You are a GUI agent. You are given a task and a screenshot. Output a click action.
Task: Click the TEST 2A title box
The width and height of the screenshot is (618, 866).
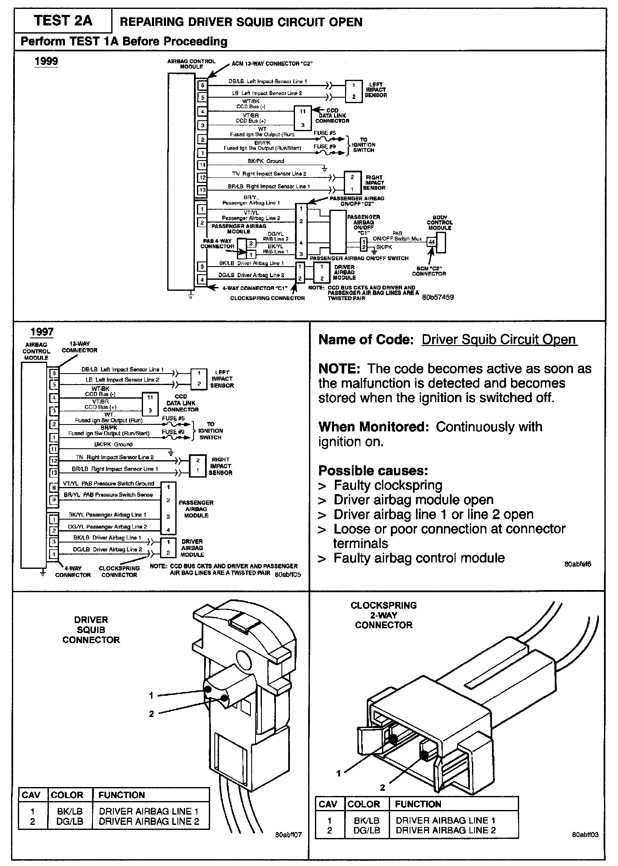(63, 21)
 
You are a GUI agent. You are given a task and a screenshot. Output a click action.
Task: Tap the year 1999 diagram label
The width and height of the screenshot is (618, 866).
(46, 61)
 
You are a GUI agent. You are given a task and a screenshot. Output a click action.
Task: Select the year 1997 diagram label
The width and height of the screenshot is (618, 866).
(42, 332)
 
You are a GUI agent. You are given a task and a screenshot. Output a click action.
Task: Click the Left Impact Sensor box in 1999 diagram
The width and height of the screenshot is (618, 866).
(354, 90)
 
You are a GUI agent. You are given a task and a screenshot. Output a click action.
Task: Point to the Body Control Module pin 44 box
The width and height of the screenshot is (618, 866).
(432, 242)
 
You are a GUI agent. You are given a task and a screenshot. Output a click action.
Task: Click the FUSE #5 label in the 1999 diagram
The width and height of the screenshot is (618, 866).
(325, 133)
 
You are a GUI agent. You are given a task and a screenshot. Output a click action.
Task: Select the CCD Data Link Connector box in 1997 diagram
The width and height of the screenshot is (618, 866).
(150, 404)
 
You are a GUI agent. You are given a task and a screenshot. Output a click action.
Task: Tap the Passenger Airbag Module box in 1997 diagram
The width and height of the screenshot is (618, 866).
(169, 508)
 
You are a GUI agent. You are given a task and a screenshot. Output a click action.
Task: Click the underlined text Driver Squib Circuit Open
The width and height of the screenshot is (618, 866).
(499, 340)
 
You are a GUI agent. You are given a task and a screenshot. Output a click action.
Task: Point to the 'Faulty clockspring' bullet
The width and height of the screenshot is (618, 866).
(388, 485)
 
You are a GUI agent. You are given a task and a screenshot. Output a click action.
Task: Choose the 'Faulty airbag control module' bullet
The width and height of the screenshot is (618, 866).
(419, 558)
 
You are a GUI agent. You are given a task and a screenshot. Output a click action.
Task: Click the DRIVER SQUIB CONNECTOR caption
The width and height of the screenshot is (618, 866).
(91, 630)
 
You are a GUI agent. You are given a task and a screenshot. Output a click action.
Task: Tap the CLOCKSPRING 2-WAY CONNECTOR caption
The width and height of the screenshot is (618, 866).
(384, 615)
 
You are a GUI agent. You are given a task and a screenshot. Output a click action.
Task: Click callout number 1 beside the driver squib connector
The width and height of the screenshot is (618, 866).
(151, 695)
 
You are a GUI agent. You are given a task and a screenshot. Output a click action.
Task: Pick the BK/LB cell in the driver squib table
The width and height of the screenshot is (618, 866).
(70, 810)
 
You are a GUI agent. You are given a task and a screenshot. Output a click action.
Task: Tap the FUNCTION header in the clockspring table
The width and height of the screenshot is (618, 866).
(418, 804)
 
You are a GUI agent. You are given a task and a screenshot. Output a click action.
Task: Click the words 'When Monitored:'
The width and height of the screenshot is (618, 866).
(374, 427)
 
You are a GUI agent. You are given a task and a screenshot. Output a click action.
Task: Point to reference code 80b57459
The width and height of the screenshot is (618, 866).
(438, 298)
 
